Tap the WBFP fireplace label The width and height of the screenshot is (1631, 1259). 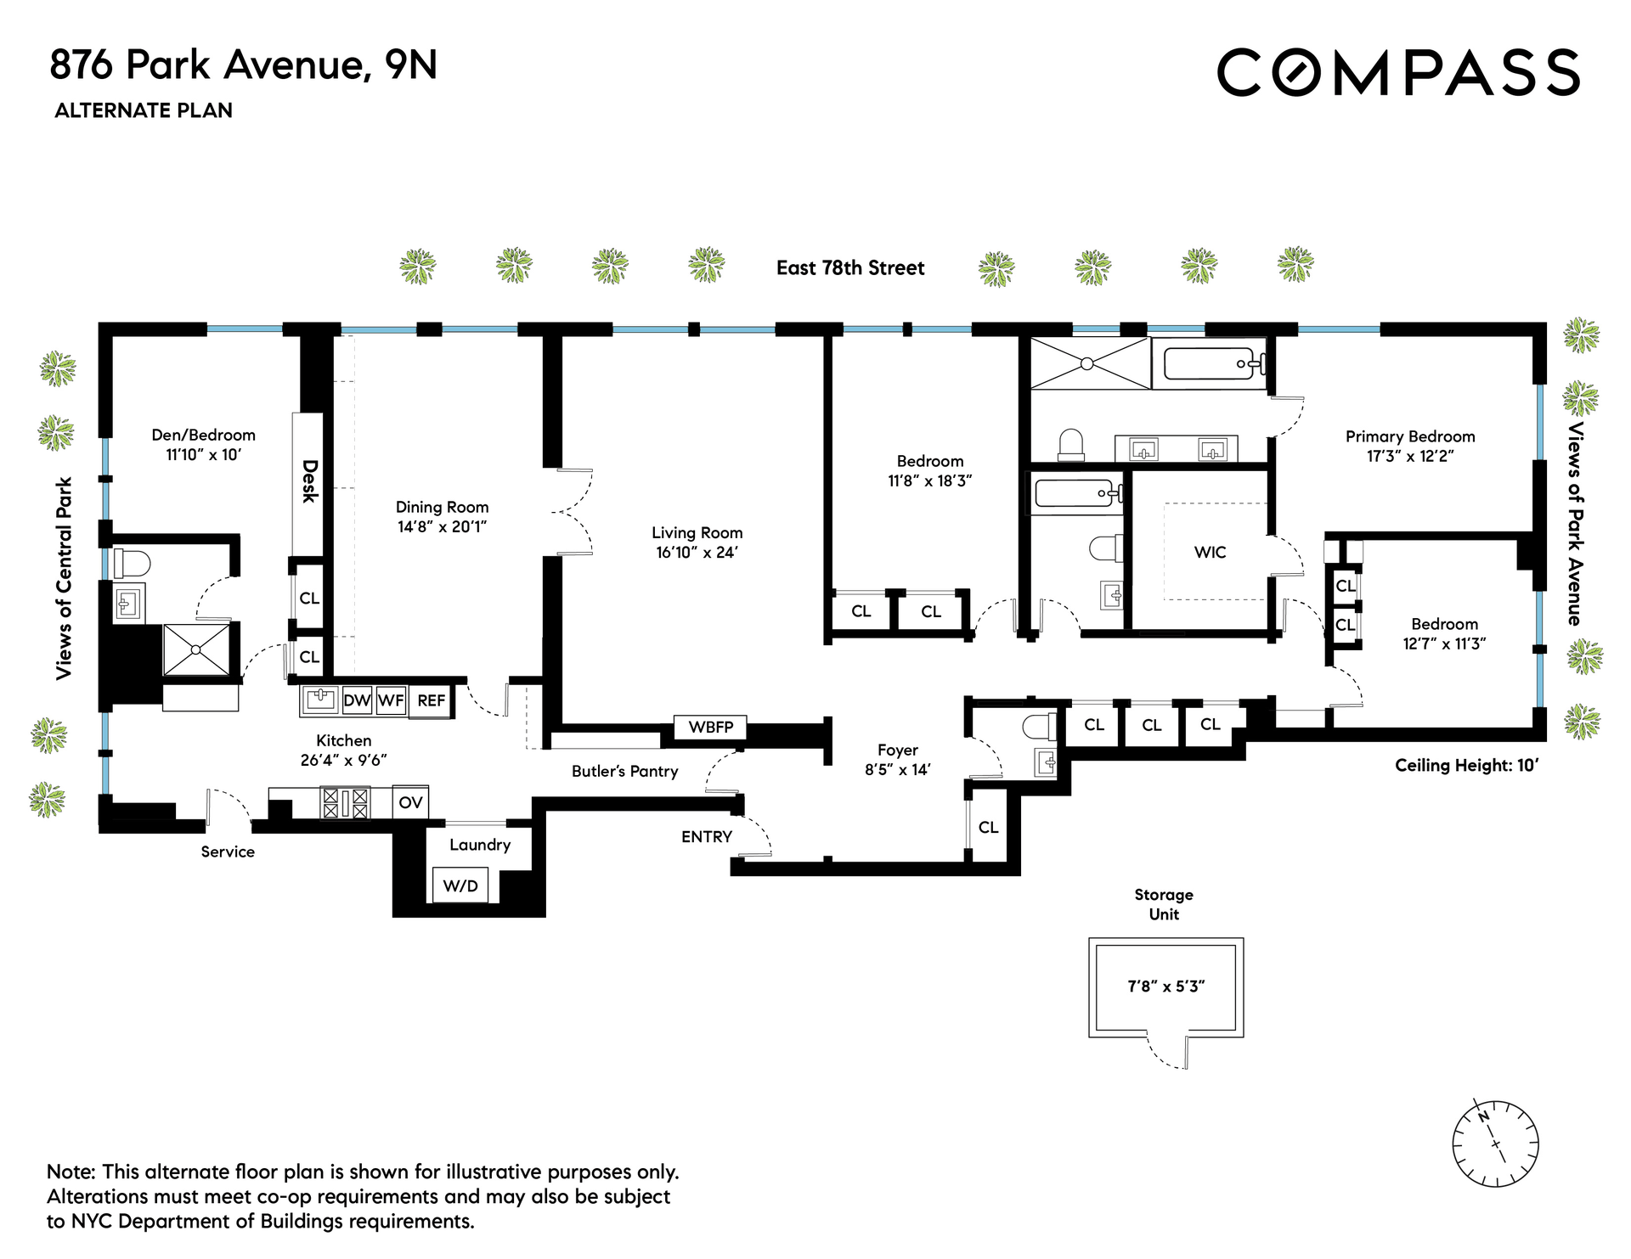[710, 728]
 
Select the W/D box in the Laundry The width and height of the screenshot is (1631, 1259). [460, 885]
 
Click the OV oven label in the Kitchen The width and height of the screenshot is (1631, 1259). [410, 802]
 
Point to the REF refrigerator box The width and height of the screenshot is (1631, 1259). [431, 700]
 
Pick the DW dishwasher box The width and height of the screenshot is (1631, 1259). [357, 700]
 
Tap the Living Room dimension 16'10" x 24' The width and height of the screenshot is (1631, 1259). [697, 553]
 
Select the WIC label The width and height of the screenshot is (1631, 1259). [1210, 553]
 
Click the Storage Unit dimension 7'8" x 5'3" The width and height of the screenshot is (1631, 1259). [1165, 986]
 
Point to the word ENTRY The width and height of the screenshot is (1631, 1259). [706, 837]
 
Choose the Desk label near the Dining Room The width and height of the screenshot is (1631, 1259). [309, 481]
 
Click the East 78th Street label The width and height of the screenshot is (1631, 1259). [849, 268]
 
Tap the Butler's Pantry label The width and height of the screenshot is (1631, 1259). [624, 772]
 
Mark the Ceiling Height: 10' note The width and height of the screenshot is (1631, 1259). [1466, 765]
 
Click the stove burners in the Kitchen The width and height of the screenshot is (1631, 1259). [345, 802]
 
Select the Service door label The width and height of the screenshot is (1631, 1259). [228, 852]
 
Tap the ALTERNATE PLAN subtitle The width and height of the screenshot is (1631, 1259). [144, 110]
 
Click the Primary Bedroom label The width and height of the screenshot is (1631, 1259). [1409, 436]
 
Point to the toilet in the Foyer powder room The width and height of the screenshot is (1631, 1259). [1038, 727]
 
